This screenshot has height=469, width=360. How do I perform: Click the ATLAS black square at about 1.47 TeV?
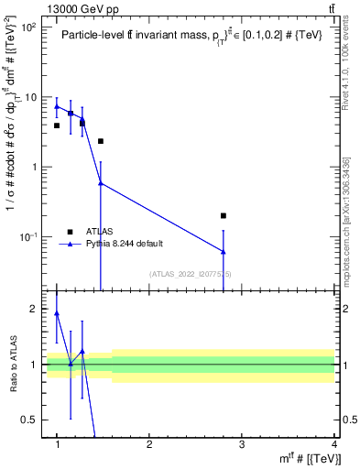[101, 141]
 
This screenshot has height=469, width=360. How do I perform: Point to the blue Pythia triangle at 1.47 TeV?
[101, 183]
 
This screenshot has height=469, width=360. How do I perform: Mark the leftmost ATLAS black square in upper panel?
[57, 125]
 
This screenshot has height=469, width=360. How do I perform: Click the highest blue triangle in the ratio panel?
[57, 313]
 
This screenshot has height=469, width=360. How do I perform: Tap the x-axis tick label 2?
[149, 445]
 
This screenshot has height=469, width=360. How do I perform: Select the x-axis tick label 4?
[334, 445]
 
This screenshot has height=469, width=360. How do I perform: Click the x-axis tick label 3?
[242, 445]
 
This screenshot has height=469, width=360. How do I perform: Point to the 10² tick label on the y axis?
[30, 27]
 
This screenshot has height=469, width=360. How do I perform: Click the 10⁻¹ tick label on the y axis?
[30, 236]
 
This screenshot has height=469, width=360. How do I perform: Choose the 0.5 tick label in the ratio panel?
[33, 420]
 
